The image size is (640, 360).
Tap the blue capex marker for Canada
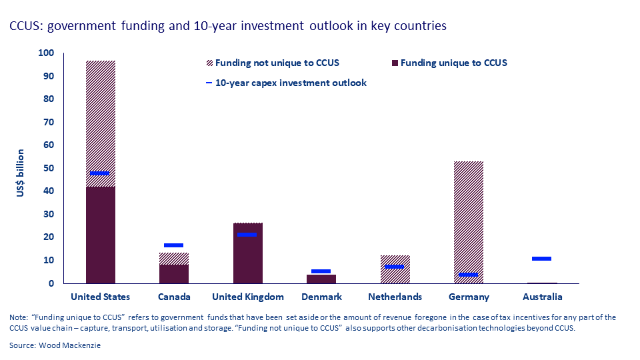pos(173,245)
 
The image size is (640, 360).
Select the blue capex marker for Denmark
pos(321,271)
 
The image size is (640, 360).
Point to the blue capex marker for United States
pos(100,173)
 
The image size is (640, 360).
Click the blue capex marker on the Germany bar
pos(468,275)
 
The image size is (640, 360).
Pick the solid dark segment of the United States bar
pos(100,235)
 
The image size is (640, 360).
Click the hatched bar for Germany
pos(468,213)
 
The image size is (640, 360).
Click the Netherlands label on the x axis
pos(395,297)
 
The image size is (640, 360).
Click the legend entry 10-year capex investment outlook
pos(290,83)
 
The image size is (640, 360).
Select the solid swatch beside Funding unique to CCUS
pos(395,63)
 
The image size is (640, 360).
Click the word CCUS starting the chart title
pos(23,27)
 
